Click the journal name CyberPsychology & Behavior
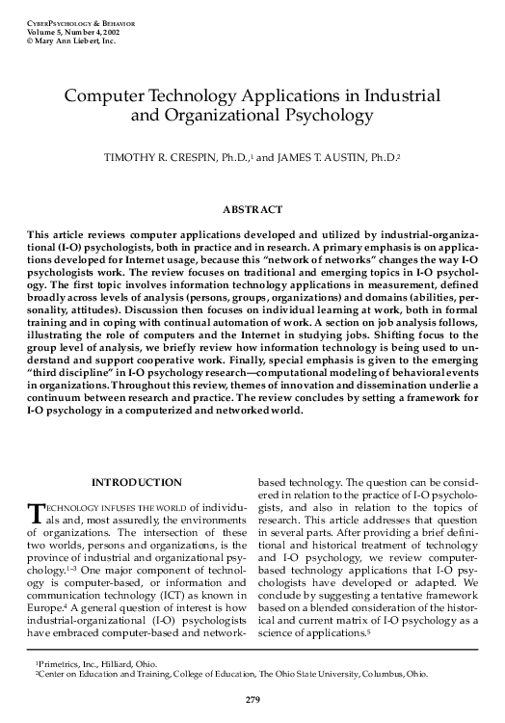(x=66, y=21)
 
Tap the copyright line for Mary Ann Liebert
(x=67, y=41)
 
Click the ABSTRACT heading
(x=252, y=209)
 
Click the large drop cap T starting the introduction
(x=39, y=510)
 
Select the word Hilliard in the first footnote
(x=120, y=665)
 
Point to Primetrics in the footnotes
(x=57, y=665)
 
